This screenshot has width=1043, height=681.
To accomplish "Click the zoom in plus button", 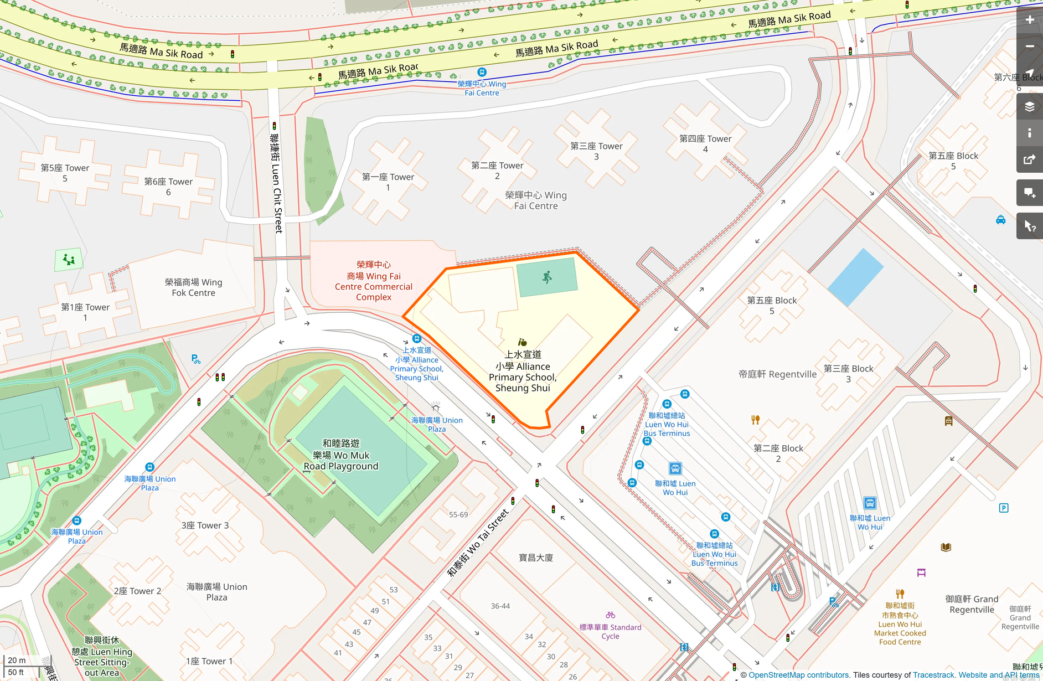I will (1029, 20).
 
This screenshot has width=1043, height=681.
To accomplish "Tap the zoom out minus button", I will (1029, 47).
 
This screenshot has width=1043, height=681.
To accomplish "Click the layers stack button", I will (1029, 106).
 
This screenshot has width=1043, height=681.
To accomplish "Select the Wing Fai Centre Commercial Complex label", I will (374, 281).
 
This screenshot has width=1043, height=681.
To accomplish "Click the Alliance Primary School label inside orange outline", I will (523, 371).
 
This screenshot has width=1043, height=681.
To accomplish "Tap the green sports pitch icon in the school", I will (547, 277).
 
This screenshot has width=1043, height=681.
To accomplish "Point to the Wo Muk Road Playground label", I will (341, 455).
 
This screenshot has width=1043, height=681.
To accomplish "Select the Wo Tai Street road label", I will (478, 543).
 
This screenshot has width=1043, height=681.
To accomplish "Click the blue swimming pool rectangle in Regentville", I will (855, 277).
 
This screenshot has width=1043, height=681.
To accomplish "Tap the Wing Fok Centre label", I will (193, 287).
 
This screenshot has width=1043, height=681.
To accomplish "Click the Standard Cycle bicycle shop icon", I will (610, 615).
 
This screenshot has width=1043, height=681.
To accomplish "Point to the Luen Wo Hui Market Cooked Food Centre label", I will (900, 624).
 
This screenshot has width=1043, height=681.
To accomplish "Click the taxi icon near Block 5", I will (1000, 220).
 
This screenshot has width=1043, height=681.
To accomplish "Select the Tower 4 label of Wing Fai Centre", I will (705, 143).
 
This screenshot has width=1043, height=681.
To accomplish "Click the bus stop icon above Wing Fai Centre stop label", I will (482, 72).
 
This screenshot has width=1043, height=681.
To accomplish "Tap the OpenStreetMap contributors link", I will (799, 675).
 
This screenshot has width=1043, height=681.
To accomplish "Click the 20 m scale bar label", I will (17, 660).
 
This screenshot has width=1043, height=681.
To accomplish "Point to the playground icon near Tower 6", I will (69, 259).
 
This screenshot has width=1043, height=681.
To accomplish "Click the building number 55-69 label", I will (458, 514).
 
